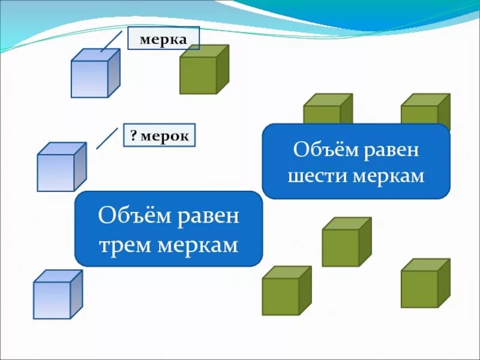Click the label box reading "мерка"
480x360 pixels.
pyautogui.click(x=163, y=38)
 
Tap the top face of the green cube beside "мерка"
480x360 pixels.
pyautogui.click(x=205, y=52)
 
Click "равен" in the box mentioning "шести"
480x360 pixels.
pyautogui.click(x=392, y=149)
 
